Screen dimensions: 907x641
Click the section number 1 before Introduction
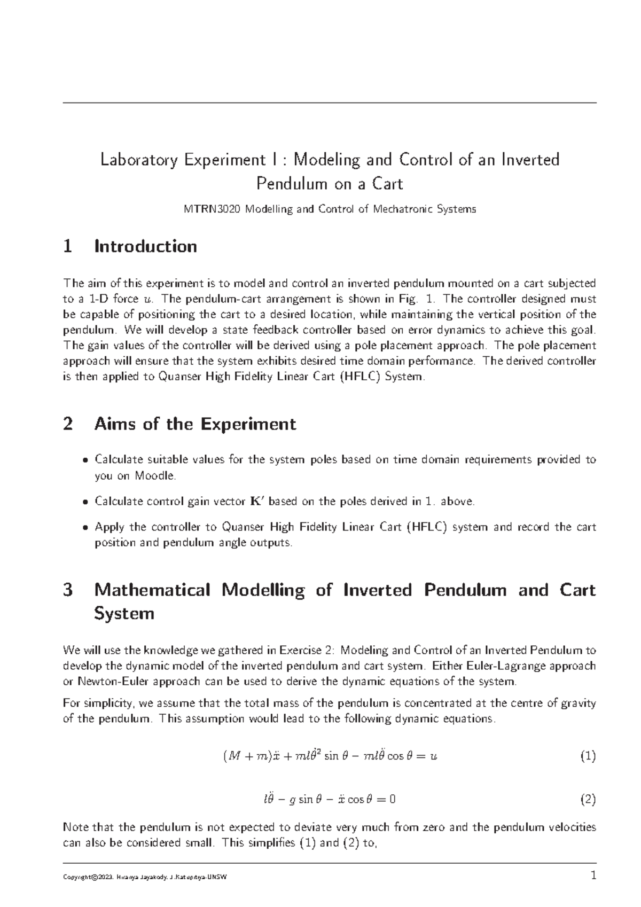pyautogui.click(x=67, y=246)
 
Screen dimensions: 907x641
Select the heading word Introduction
pyautogui.click(x=145, y=246)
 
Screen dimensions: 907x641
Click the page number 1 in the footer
pyautogui.click(x=592, y=876)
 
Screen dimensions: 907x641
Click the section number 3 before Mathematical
pyautogui.click(x=67, y=590)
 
